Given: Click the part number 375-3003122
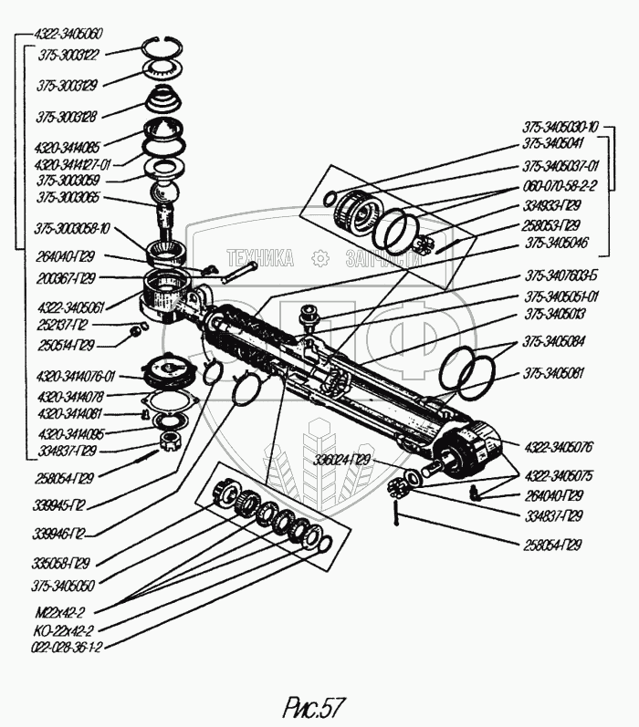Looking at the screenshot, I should (x=70, y=54).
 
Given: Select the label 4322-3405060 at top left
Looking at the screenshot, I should (x=68, y=34).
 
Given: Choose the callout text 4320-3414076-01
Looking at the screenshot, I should (x=76, y=375).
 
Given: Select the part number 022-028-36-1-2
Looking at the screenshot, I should (x=66, y=647).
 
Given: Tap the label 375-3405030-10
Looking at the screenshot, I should (x=560, y=127).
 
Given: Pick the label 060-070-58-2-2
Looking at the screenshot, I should (x=560, y=185).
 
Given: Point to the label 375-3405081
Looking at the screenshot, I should (x=554, y=374).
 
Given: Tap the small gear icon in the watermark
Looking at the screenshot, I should (x=319, y=259).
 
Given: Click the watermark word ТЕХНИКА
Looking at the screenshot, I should (x=260, y=259).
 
